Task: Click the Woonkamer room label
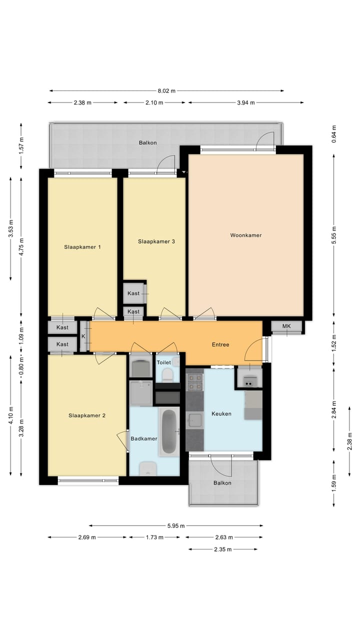[x=245, y=235]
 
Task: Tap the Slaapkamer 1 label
[x=82, y=247]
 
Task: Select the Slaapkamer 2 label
[x=87, y=415]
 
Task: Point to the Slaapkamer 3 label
[x=156, y=241]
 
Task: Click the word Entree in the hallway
[x=220, y=344]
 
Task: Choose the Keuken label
[x=221, y=413]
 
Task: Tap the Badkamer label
[x=144, y=439]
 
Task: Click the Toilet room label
[x=164, y=362]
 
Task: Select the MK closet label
[x=286, y=326]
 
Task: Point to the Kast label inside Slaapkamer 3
[x=133, y=293]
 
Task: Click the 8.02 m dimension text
[x=166, y=91]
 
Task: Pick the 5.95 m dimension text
[x=175, y=525]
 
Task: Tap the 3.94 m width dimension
[x=245, y=103]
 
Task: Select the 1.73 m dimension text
[x=154, y=538]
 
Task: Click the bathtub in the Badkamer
[x=169, y=431]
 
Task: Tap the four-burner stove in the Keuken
[x=194, y=381]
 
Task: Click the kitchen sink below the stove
[x=194, y=420]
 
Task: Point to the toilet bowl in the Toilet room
[x=168, y=375]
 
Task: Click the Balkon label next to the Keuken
[x=222, y=483]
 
